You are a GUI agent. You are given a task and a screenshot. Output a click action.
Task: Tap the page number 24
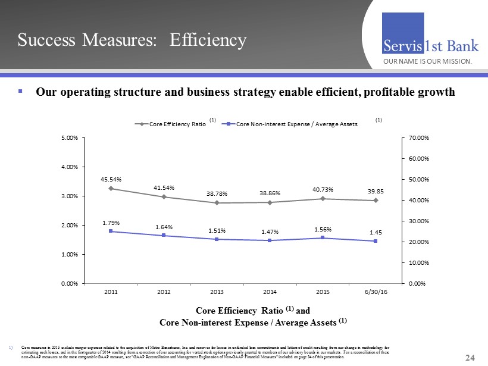tap(470, 358)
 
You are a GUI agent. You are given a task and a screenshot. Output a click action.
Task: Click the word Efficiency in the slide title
tap(208, 40)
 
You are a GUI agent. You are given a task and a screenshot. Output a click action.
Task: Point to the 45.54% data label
tap(111, 177)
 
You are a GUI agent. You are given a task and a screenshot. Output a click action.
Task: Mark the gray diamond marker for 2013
tap(217, 203)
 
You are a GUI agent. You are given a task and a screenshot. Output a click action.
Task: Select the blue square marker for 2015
tap(323, 238)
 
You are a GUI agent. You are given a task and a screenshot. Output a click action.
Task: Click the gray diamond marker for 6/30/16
tap(376, 201)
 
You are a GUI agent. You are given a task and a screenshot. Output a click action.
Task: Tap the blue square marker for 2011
tap(111, 231)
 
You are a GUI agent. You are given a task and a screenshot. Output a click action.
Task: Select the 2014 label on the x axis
tap(270, 292)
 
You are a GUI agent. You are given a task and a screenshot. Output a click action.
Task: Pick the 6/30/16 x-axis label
tap(376, 292)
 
